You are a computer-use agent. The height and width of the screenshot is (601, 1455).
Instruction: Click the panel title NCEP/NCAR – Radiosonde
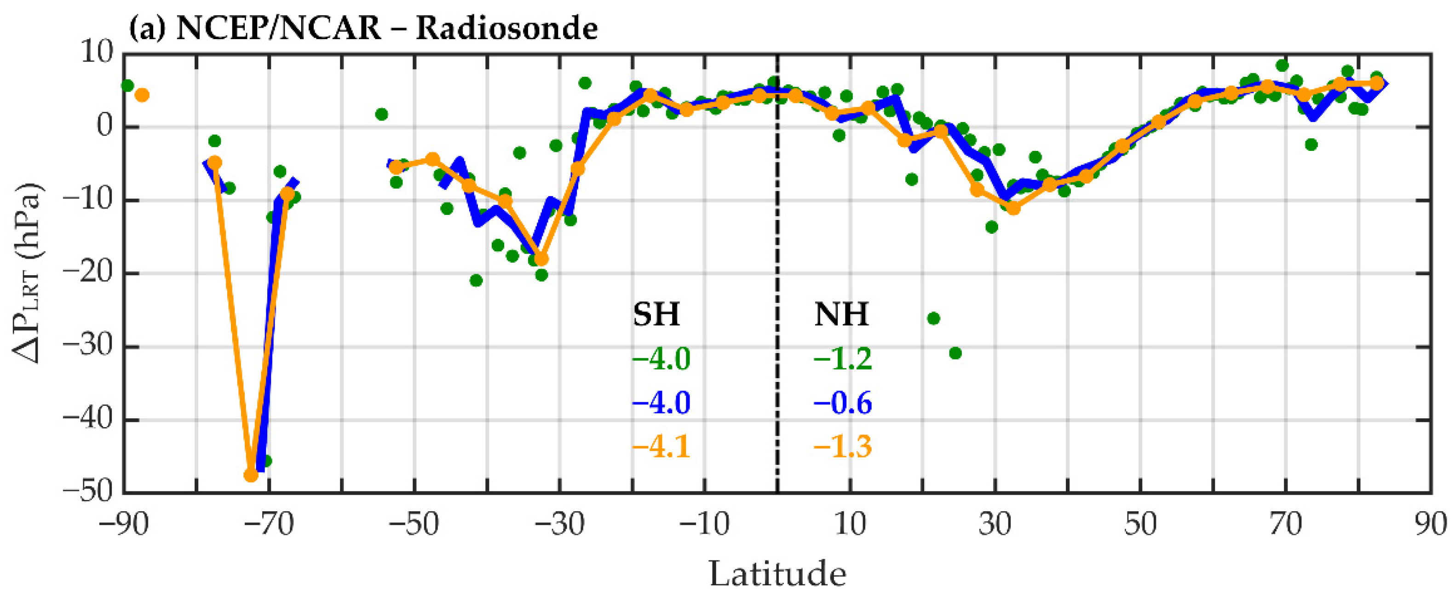coord(386,28)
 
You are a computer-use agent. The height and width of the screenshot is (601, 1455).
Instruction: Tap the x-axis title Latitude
coord(777,574)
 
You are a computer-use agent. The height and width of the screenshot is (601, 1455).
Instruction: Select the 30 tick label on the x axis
coord(995,525)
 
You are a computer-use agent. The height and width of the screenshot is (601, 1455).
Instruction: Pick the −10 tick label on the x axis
coord(704,525)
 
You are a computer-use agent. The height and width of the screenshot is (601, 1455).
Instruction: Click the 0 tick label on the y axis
coord(105,127)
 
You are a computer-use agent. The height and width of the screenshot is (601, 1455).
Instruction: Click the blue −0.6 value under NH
coord(843,403)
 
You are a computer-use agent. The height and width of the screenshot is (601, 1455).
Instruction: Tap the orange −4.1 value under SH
coord(661,447)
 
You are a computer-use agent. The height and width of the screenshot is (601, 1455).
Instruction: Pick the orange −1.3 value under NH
coord(843,447)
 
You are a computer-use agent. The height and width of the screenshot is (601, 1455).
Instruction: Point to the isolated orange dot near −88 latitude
coord(142,95)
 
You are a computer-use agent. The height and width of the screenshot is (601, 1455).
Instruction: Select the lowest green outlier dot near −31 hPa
coord(955,353)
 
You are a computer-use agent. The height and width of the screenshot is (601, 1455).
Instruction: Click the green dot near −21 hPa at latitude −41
coord(476,280)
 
